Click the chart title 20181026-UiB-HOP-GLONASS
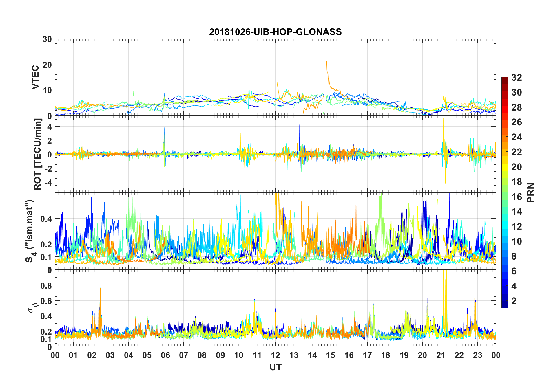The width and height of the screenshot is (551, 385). click(275, 32)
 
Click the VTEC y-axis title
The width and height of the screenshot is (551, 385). click(35, 77)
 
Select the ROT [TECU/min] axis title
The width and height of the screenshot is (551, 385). click(38, 154)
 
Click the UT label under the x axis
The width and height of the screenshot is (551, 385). click(275, 367)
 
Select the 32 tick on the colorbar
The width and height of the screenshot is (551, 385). click(517, 78)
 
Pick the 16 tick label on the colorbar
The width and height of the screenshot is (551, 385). click(517, 197)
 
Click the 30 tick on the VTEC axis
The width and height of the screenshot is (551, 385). click(47, 39)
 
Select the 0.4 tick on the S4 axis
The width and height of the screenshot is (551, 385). click(46, 219)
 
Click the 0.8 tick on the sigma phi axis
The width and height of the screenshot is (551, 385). click(46, 285)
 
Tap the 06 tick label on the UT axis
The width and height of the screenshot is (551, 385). click(165, 355)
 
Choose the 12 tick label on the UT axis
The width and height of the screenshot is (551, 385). click(275, 355)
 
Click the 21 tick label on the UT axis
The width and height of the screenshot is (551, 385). click(441, 355)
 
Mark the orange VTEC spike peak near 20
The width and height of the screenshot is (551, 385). click(326, 62)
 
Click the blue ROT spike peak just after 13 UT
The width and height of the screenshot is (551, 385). click(300, 125)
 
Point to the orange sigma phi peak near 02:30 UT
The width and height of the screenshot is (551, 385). click(100, 288)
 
